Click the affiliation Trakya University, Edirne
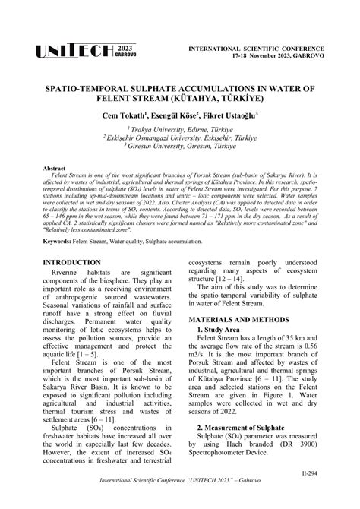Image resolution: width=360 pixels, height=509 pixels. coord(179,131)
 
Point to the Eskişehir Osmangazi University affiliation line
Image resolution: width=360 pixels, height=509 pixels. coord(179,140)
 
